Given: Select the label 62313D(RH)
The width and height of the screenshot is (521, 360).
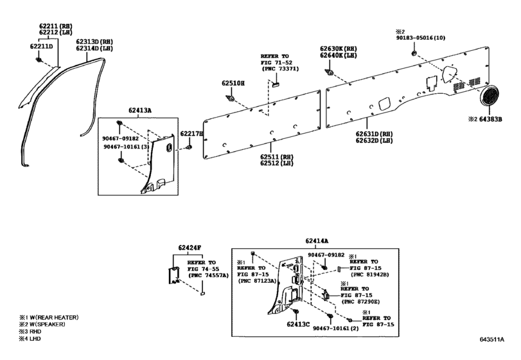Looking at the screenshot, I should click(93, 40).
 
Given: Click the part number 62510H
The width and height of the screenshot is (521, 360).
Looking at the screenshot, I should click(233, 84).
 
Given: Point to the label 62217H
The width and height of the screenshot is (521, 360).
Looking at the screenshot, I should click(191, 133).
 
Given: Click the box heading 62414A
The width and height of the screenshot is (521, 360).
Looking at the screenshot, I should click(315, 240).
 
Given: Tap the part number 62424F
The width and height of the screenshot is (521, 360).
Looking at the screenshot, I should click(190, 248).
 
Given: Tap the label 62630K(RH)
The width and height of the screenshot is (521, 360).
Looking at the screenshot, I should click(339, 48).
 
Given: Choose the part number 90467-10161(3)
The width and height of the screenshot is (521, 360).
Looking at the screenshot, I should click(126, 147).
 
